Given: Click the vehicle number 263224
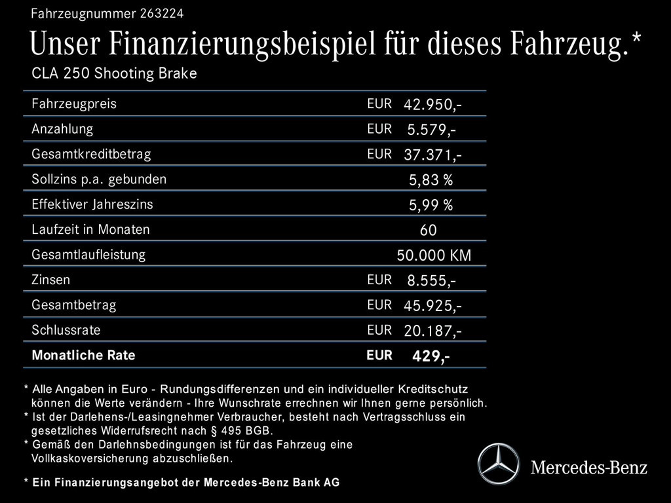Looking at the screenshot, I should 161,13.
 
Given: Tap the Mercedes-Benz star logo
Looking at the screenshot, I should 498,464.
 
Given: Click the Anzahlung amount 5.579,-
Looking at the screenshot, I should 431,130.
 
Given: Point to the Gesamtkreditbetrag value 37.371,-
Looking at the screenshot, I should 432,155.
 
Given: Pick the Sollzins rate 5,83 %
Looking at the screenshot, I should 431,180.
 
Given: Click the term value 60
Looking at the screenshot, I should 428,231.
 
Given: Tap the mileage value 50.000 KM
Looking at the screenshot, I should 434,255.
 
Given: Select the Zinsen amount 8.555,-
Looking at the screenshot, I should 431,281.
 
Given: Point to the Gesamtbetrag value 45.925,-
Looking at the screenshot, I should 432,306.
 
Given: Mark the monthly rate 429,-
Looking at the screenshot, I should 431,356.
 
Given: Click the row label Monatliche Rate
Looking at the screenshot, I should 83,355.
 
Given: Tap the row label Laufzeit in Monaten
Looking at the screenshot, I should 90,229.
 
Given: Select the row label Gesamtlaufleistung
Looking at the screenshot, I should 88,254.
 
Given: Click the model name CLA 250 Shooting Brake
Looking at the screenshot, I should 114,73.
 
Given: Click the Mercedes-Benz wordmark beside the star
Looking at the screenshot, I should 588,468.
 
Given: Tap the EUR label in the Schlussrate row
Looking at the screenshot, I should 379,329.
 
